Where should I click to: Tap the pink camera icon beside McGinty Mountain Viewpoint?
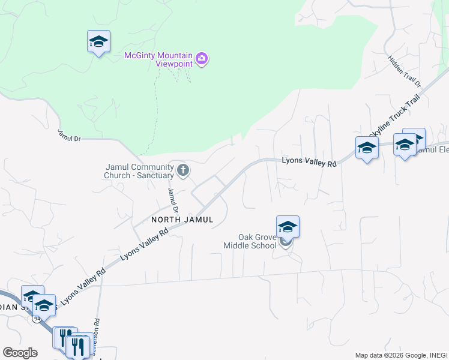point(202,59)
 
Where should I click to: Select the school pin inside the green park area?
point(98,42)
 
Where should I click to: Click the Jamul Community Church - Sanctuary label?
point(139,172)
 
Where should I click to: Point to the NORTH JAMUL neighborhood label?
point(182,220)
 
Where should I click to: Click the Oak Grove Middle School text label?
point(250,241)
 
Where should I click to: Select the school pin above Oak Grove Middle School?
point(288,227)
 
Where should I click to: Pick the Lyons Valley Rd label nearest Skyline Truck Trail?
point(309,162)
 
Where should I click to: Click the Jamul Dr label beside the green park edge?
point(69,134)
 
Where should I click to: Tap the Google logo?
point(20,352)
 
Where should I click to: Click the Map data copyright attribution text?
point(400,355)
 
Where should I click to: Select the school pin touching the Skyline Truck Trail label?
point(367,148)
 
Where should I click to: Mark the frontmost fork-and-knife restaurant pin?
point(78,346)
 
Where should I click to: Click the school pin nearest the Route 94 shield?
point(43,305)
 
